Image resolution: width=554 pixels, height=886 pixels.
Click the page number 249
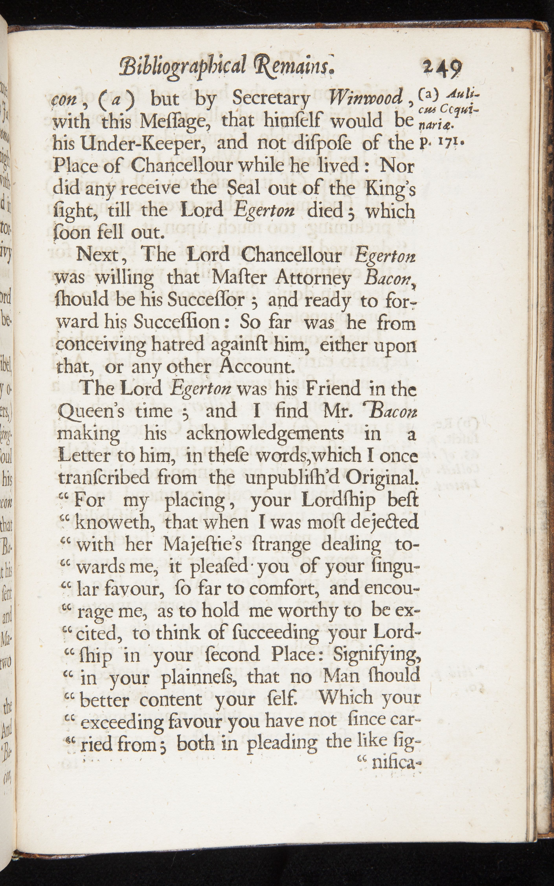pos(442,68)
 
